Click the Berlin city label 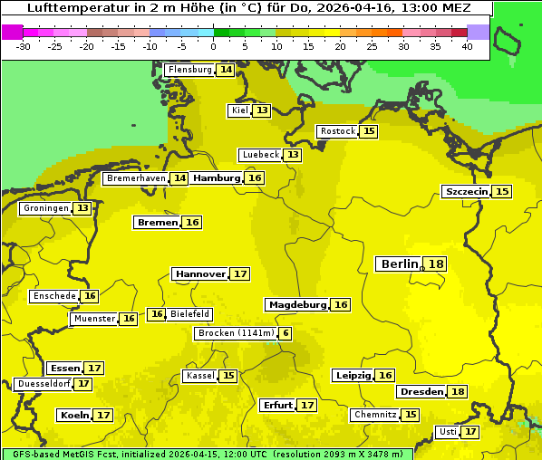coord(398,264)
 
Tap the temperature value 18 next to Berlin coord(436,264)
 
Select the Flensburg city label coord(189,70)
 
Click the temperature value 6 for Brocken coord(286,333)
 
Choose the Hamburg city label coord(216,178)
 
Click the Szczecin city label coord(466,191)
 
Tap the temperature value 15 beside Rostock coord(368,131)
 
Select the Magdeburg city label coord(296,304)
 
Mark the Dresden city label coord(421,391)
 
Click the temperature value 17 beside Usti coord(469,432)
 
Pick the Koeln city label coord(73,415)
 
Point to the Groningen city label coord(45,208)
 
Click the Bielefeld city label coord(190,314)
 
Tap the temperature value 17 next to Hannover coord(239,273)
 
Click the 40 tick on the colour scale coord(467,46)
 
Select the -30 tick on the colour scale coord(24,46)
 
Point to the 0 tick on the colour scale coord(214,46)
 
